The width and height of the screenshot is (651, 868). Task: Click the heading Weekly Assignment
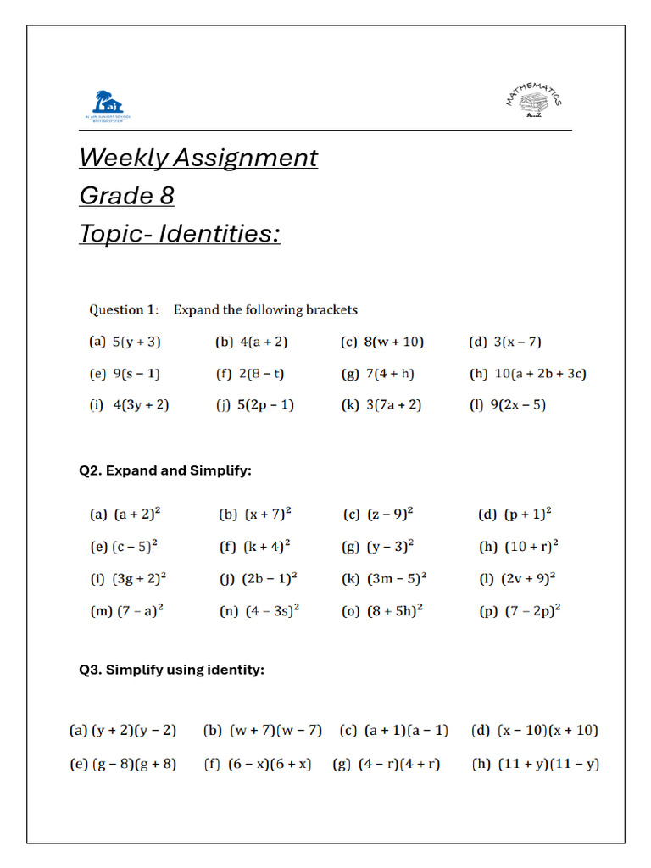[198, 158]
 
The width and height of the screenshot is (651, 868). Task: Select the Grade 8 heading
[126, 196]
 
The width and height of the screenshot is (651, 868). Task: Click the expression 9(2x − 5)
[518, 405]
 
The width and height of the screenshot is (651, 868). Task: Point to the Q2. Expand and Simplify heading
[165, 470]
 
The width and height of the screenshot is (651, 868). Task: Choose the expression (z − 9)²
[390, 514]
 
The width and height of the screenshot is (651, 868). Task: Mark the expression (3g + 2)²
[139, 579]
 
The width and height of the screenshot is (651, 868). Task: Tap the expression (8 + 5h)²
[394, 611]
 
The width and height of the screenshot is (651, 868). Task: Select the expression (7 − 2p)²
[532, 611]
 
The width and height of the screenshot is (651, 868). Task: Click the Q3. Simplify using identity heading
[172, 670]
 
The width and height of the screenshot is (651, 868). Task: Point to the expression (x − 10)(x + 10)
[547, 730]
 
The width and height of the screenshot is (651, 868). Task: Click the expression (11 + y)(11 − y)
[547, 764]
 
